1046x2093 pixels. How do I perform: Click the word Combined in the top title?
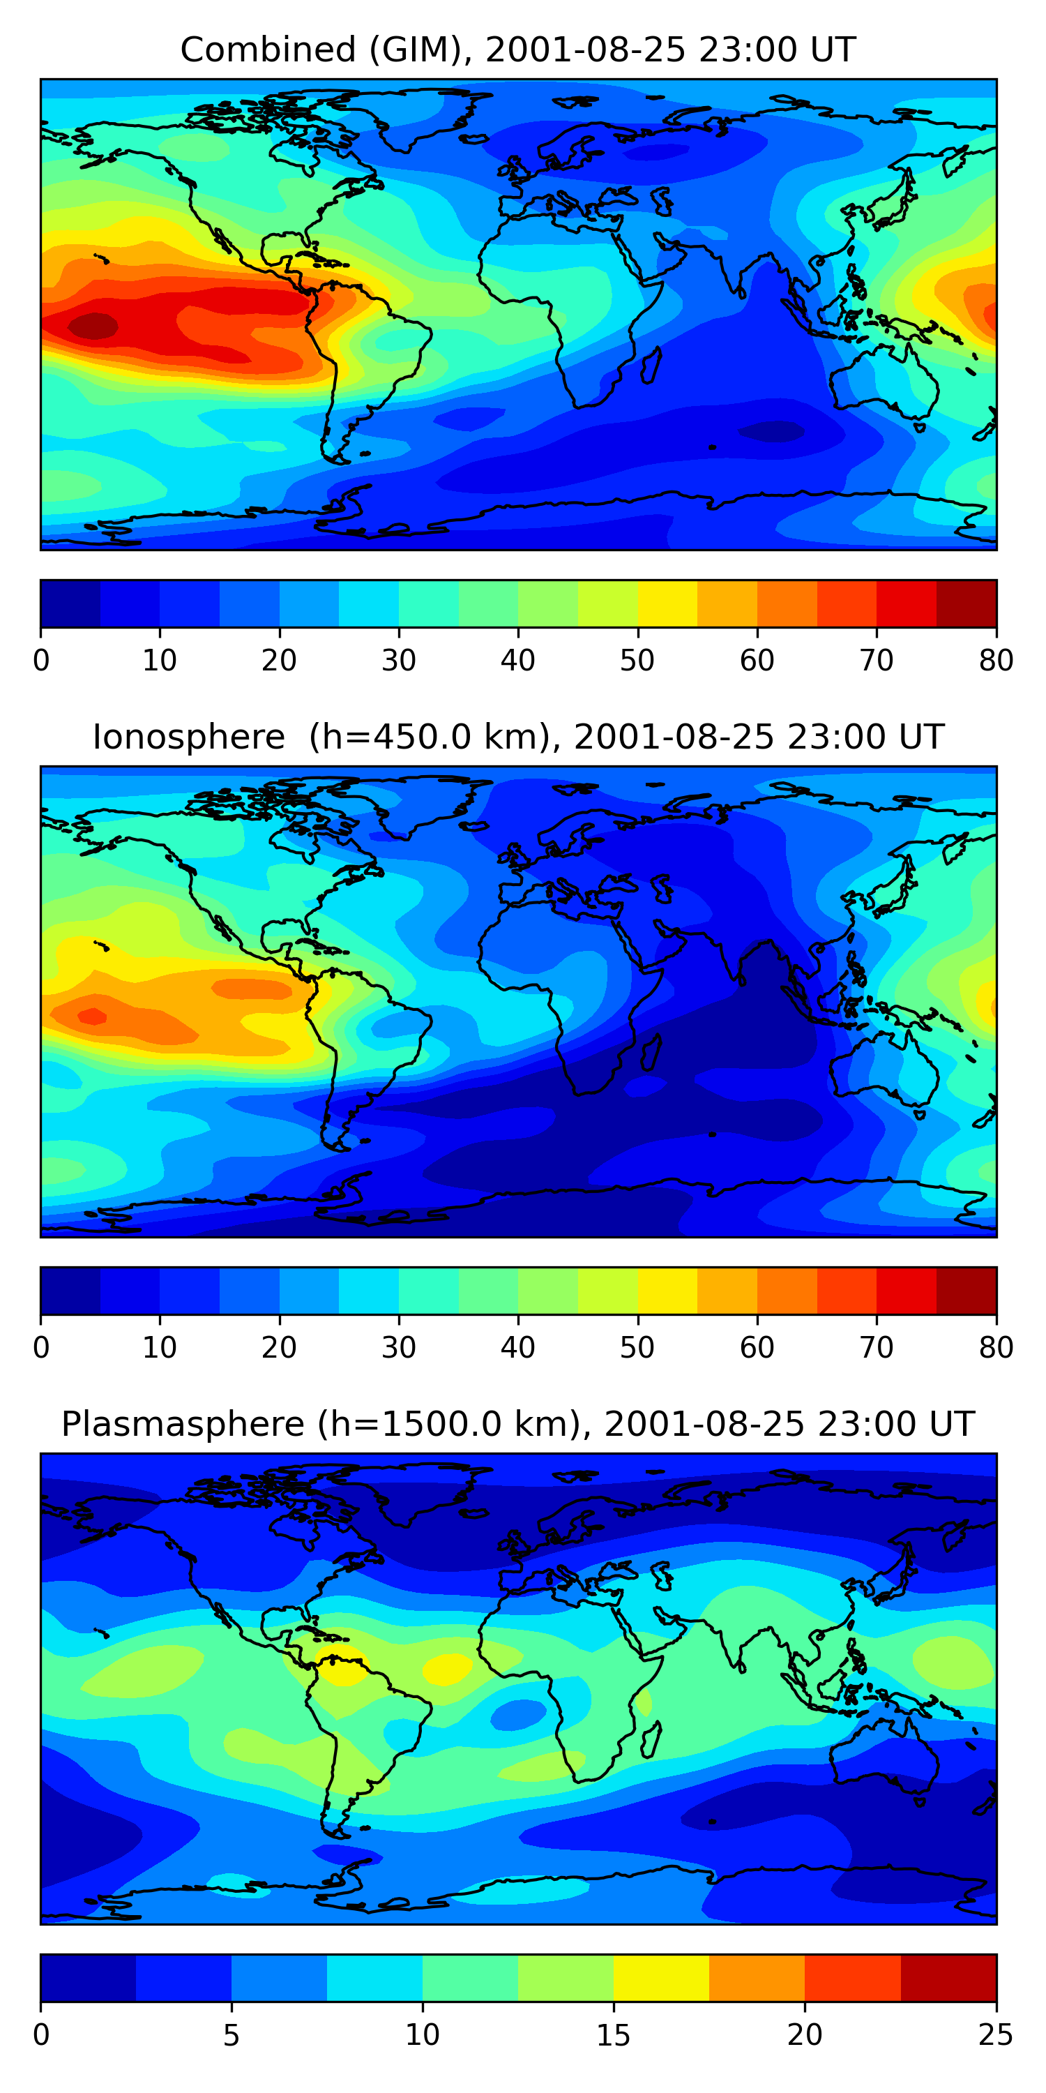268,50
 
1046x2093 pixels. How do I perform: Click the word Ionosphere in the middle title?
188,737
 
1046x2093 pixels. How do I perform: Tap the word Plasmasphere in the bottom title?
183,1425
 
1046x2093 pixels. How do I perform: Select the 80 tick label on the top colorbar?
996,661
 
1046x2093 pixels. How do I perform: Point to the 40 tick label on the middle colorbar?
517,1347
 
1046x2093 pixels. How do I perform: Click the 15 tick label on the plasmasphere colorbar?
613,2035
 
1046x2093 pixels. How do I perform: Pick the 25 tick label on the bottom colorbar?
996,2035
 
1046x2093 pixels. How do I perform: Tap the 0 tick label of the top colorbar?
41,661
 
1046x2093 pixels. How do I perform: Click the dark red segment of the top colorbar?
967,603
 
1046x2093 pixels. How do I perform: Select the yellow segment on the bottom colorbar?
661,1978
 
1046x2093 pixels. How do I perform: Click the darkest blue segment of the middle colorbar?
70,1290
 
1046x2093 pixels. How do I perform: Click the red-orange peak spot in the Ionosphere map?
92,1016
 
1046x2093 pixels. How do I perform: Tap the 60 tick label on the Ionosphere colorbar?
756,1347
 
